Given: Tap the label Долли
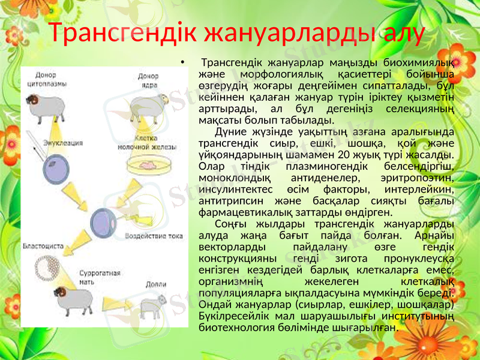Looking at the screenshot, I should click(x=157, y=284).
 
